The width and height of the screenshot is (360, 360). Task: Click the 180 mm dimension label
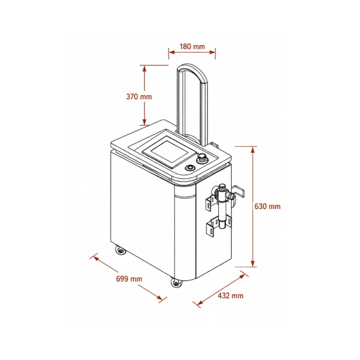[x=192, y=47]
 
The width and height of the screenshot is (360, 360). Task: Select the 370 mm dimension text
[x=139, y=96]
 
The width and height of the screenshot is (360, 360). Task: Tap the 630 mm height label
[x=267, y=206]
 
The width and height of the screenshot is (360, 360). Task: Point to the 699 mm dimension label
[x=129, y=279]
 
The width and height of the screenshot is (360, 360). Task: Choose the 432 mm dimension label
[x=230, y=296]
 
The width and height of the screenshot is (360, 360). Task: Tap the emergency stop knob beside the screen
[x=202, y=158]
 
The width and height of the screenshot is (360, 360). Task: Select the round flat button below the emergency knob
[x=190, y=168]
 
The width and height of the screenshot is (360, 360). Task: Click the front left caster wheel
[x=120, y=250]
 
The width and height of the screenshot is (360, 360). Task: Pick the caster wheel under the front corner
[x=176, y=283]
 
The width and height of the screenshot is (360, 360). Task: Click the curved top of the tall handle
[x=193, y=68]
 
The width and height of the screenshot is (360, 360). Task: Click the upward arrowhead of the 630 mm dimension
[x=253, y=149]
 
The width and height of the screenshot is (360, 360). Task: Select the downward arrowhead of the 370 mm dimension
[x=144, y=122]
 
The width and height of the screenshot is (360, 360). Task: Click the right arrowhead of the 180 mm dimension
[x=212, y=52]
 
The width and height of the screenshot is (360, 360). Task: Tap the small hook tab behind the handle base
[x=214, y=144]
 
